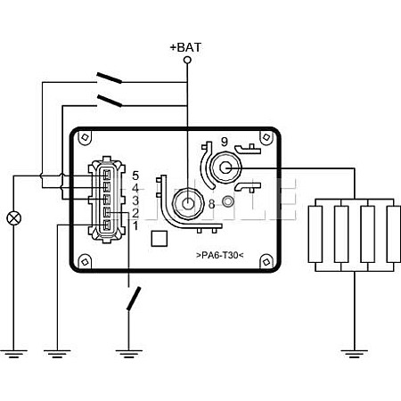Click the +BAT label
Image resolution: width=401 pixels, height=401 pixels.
click(x=185, y=47)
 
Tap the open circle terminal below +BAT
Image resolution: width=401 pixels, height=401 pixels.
click(x=187, y=61)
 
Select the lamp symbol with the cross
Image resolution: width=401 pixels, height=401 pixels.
click(x=14, y=218)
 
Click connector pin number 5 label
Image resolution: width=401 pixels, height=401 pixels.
click(x=135, y=176)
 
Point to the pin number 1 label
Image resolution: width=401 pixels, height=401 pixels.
click(x=135, y=226)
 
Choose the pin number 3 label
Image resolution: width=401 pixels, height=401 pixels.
click(x=135, y=200)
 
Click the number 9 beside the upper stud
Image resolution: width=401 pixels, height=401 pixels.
click(x=225, y=142)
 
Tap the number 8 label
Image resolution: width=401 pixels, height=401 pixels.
click(x=211, y=204)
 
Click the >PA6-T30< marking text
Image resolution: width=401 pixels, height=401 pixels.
click(x=220, y=255)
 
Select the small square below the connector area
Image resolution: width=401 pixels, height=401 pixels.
click(x=160, y=239)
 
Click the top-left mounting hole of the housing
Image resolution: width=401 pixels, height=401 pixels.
click(x=85, y=137)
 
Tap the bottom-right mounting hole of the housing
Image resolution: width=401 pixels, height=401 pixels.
click(x=266, y=262)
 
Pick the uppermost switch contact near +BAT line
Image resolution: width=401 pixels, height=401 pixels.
click(x=109, y=78)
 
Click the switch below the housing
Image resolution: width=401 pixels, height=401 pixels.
click(x=134, y=299)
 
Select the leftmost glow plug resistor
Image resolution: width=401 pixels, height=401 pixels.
click(x=315, y=234)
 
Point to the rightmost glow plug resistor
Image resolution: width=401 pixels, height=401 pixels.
click(x=394, y=234)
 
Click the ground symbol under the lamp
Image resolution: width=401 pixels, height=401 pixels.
click(x=14, y=354)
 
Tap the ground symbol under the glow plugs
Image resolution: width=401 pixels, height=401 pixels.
click(x=355, y=354)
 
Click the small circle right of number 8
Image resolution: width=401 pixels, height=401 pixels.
click(x=228, y=201)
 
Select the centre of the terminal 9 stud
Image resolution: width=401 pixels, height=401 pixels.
click(x=225, y=168)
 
